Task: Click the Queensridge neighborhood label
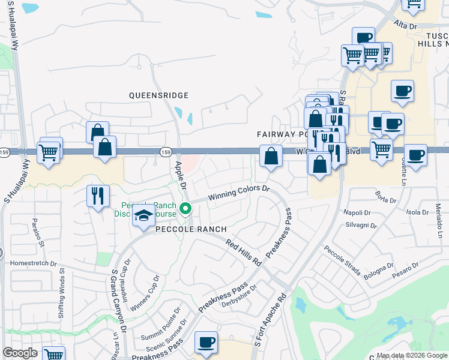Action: (159, 95)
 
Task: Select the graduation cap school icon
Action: (143, 217)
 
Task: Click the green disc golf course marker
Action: (186, 209)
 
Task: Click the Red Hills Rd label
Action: (245, 253)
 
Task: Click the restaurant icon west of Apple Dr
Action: (97, 195)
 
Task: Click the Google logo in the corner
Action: (20, 353)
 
